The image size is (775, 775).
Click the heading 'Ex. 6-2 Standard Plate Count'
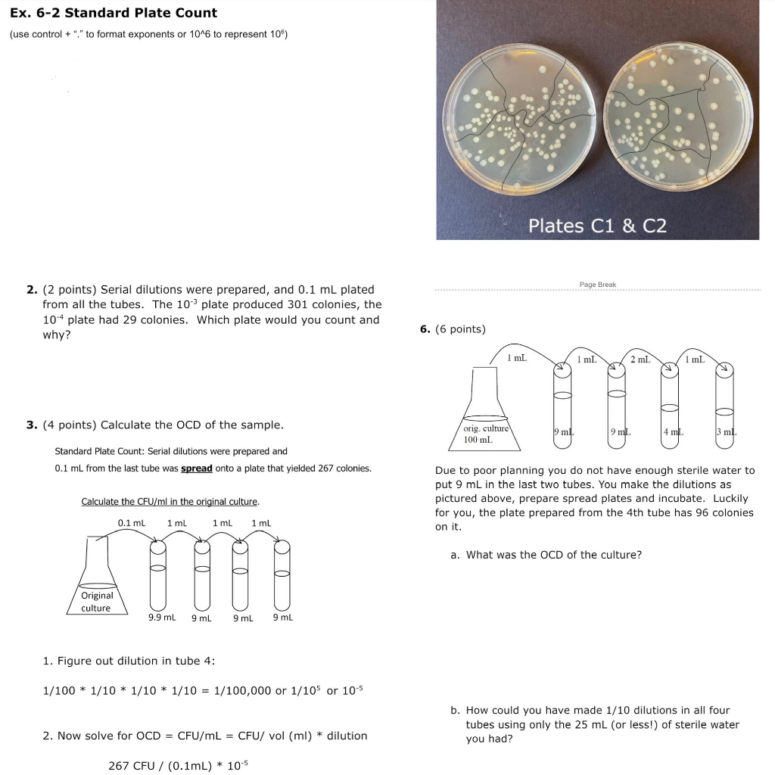coord(114,13)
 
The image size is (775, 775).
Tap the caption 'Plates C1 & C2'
coord(597,226)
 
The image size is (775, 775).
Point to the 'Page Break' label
coord(597,285)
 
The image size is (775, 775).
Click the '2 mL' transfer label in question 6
coord(640,359)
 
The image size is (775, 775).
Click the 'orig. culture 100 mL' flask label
coord(485,434)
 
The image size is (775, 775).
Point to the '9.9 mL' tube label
coord(161,618)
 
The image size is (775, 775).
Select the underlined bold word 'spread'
coord(196,468)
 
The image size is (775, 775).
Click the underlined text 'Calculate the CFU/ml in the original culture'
coord(170,502)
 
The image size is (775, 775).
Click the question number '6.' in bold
coord(425,328)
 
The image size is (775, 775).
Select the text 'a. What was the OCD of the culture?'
coord(546,555)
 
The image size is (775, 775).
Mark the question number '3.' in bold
coord(32,425)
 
